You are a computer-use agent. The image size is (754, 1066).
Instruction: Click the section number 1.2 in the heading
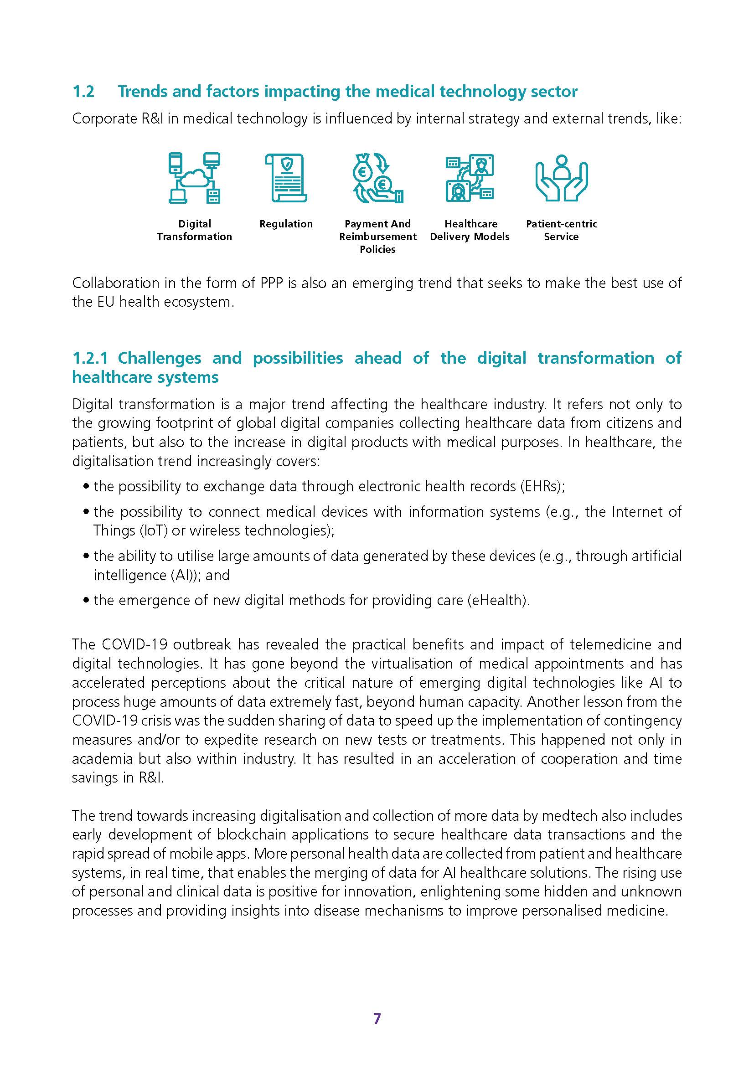pos(83,92)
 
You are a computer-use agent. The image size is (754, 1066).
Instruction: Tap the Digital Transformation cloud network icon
pos(194,178)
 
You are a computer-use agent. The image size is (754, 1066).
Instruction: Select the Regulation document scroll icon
pos(286,178)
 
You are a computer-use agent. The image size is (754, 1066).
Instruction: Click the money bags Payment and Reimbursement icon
pos(377,178)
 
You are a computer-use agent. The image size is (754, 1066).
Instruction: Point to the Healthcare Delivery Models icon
pos(470,178)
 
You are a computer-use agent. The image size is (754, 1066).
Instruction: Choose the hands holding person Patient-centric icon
pos(561,178)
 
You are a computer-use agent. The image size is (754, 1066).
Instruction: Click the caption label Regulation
pos(286,224)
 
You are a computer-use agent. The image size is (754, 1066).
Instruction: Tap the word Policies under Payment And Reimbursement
pos(377,249)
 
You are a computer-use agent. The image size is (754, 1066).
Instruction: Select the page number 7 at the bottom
pos(377,1018)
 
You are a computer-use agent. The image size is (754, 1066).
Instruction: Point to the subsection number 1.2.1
pos(90,358)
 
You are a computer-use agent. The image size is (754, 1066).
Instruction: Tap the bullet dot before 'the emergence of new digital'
pos(86,600)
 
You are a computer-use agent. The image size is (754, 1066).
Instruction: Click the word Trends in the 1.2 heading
pos(142,92)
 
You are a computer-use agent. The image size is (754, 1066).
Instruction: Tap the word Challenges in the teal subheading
pos(159,358)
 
